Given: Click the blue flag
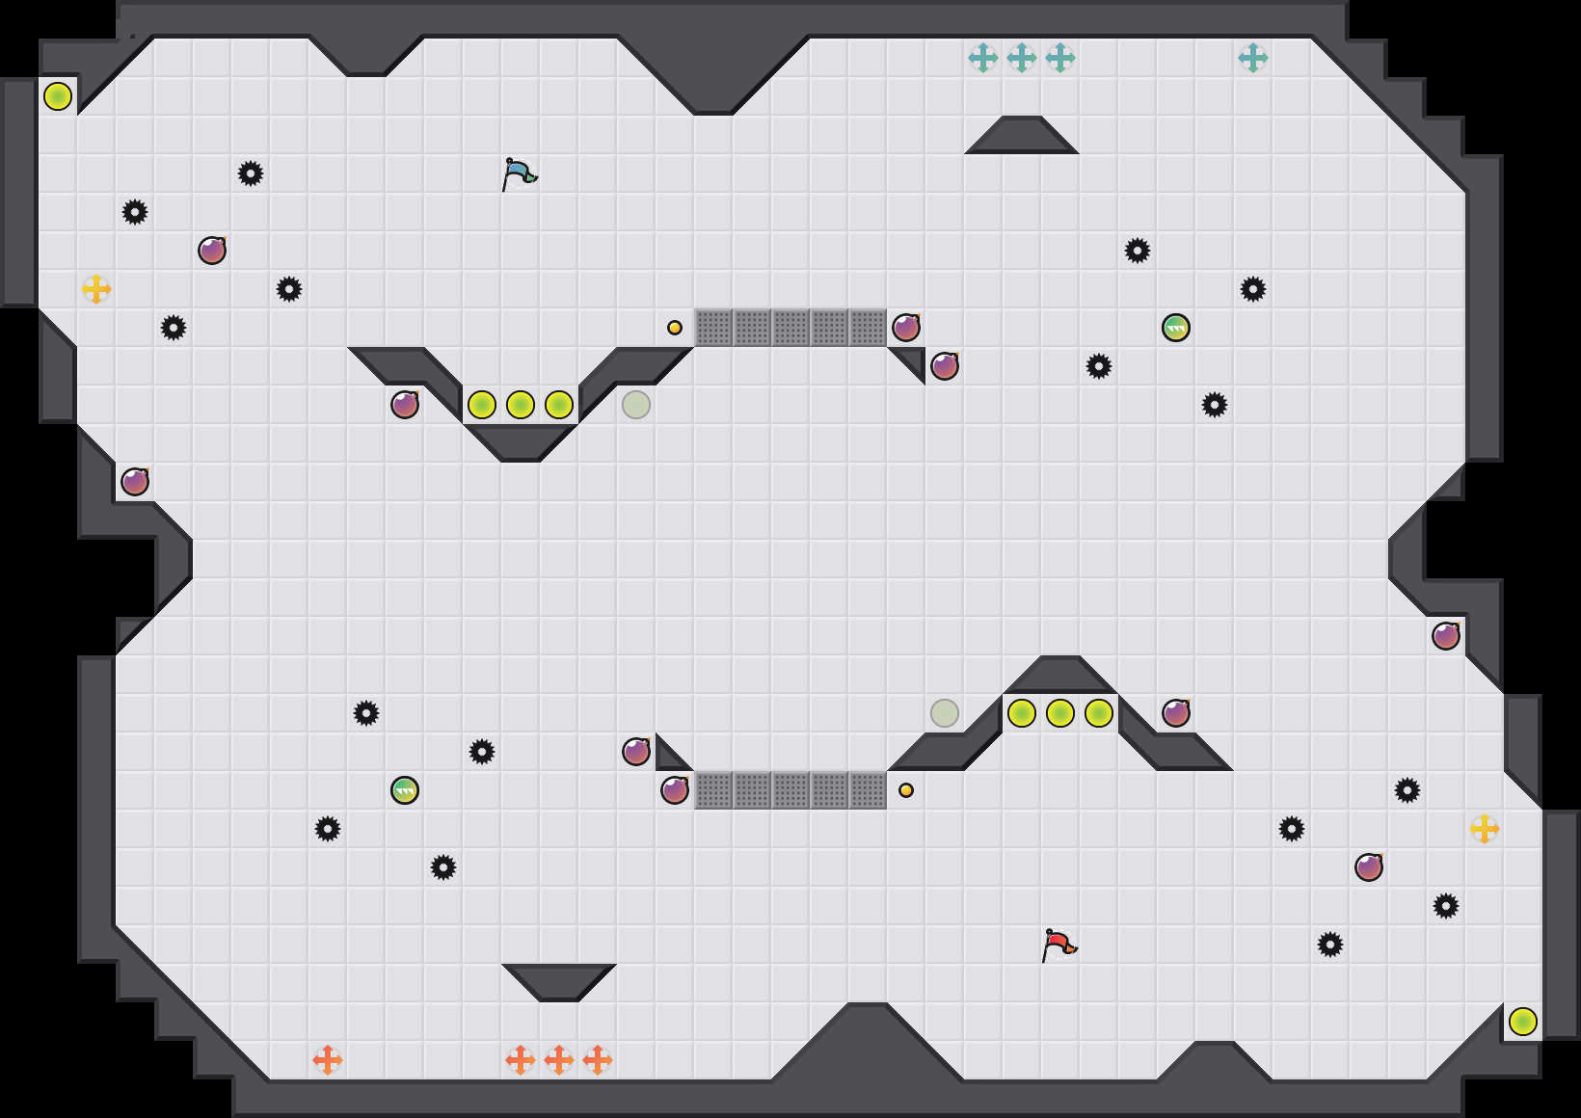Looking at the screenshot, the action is (519, 173).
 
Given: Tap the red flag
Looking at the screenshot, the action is (1058, 944).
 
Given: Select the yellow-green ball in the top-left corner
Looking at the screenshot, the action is (58, 96).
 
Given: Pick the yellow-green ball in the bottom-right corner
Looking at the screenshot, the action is (1523, 1022).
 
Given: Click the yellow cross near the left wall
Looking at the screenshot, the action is (96, 289).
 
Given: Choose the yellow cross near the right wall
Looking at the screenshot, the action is (1485, 829).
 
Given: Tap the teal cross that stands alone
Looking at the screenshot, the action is (1253, 58).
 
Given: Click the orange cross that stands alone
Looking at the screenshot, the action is (328, 1060).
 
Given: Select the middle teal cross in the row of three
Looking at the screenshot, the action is (1022, 58).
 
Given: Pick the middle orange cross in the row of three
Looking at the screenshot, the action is (559, 1060).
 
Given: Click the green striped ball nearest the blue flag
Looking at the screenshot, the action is (405, 790).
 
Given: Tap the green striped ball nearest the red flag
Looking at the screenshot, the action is (1176, 328).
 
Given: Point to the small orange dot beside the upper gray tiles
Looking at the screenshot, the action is (675, 328).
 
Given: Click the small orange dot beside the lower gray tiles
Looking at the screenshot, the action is (906, 790).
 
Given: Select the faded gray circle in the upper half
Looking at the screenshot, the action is (636, 405).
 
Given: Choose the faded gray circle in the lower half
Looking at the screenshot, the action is (945, 713).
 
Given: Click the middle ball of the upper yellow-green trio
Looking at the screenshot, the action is (521, 405).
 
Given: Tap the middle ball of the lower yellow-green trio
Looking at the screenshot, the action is (1060, 713).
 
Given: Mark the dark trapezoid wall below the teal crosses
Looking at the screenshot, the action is (1022, 137).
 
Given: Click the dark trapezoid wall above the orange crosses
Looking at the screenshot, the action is (559, 980).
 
